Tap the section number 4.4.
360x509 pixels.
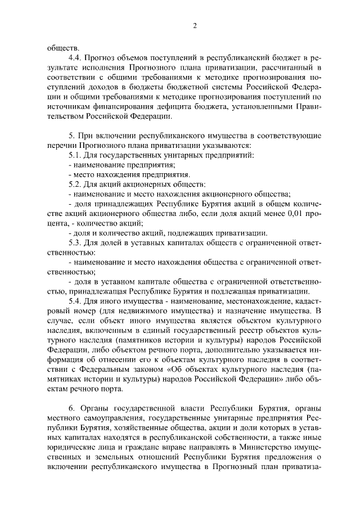tap(75, 57)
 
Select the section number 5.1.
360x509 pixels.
tap(75, 154)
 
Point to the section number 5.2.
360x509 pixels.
tap(75, 183)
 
